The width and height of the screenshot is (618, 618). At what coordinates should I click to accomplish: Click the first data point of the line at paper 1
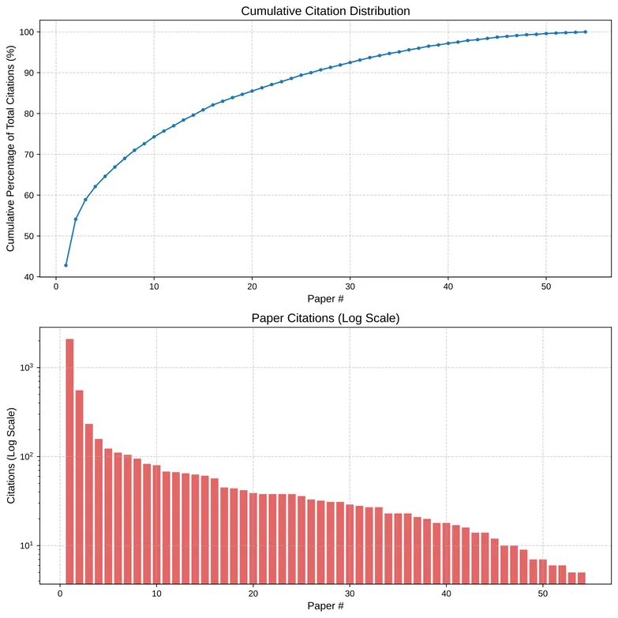[66, 265]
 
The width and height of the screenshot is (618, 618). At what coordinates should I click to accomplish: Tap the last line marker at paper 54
[585, 32]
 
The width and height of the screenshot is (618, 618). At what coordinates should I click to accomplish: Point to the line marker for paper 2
[76, 219]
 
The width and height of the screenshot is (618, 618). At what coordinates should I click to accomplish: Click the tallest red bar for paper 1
[69, 458]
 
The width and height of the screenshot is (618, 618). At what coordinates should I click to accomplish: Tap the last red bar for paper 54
[582, 577]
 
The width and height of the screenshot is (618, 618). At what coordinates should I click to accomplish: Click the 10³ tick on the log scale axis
[27, 368]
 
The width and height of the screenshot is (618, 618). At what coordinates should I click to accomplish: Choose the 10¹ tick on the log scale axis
[27, 546]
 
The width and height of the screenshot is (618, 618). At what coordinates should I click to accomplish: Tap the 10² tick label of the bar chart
[27, 457]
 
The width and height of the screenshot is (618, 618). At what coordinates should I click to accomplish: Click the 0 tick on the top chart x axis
[56, 286]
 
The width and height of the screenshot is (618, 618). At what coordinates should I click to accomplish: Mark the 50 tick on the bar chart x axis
[543, 594]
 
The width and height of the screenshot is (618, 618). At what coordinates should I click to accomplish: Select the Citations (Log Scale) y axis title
[11, 456]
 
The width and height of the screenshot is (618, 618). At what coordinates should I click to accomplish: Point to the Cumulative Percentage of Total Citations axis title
[11, 155]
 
